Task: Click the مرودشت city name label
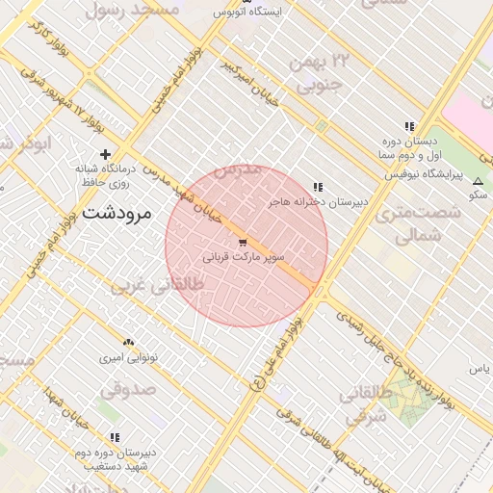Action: coord(117,214)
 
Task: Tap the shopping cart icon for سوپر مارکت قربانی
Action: coord(242,243)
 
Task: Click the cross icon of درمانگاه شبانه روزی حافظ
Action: coord(106,154)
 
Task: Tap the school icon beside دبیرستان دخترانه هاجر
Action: coord(318,187)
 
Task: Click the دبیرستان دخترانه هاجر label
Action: coord(319,203)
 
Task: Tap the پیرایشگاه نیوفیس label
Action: coord(424,175)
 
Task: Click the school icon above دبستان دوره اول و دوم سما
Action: coord(409,126)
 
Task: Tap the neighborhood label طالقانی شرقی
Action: coord(368,405)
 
